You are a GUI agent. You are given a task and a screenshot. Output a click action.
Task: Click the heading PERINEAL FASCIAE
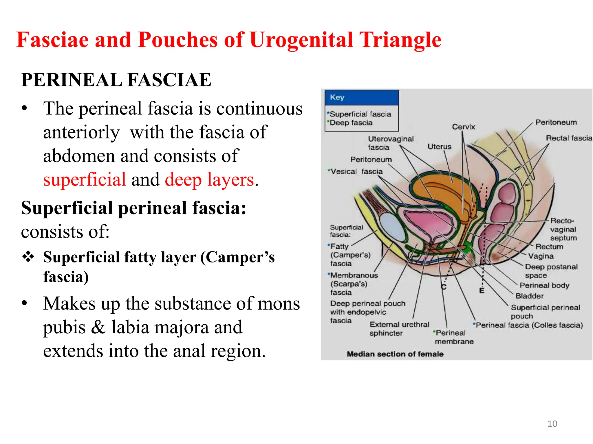click(116, 80)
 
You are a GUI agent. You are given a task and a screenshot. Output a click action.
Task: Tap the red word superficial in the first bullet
click(85, 180)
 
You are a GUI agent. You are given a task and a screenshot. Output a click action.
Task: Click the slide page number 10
click(552, 424)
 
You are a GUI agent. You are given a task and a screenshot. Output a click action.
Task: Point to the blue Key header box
click(361, 97)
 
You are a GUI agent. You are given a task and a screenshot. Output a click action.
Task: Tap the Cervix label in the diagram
click(463, 127)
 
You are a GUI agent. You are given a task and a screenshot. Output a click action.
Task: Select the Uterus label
click(439, 147)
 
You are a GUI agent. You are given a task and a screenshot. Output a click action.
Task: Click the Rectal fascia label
click(569, 138)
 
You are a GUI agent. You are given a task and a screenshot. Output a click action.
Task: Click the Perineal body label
click(544, 286)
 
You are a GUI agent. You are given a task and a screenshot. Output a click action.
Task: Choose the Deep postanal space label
click(551, 271)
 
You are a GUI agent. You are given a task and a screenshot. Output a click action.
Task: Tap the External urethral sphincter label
click(399, 329)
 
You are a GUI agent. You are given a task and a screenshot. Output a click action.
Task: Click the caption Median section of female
click(395, 354)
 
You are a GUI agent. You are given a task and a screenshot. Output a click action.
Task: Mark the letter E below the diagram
click(482, 291)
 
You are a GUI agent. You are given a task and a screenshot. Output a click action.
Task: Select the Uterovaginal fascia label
click(390, 143)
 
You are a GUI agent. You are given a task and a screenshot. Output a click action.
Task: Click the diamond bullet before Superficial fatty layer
click(28, 256)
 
